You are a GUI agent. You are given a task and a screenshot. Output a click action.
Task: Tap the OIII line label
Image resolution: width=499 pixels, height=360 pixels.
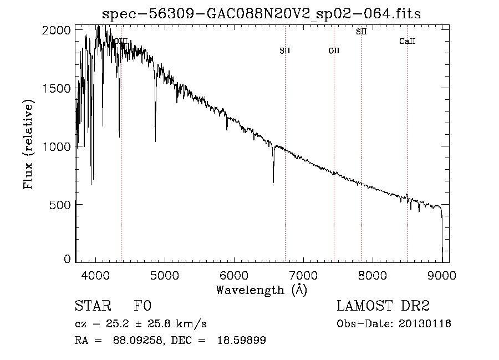(120, 41)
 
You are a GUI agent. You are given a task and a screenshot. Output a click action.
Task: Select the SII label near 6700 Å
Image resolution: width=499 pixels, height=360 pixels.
(285, 50)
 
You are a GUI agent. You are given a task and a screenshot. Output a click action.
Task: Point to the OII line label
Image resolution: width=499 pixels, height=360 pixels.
(334, 50)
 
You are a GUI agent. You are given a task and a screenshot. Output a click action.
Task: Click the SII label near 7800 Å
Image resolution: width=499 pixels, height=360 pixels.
(361, 32)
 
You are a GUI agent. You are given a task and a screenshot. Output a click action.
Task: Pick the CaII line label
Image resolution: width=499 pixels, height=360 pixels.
(408, 41)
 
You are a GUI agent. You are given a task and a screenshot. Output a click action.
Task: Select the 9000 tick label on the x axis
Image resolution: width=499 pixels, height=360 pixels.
(442, 275)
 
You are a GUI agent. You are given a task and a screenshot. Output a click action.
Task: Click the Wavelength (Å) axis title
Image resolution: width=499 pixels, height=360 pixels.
(261, 290)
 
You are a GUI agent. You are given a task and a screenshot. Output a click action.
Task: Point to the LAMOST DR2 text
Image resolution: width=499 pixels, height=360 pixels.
(383, 306)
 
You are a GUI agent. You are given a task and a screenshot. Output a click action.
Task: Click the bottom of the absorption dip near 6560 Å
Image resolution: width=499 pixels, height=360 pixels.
(273, 181)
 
